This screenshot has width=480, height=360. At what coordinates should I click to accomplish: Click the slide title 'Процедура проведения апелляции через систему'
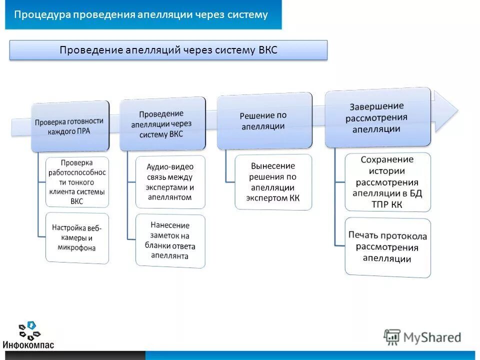[x=141, y=14]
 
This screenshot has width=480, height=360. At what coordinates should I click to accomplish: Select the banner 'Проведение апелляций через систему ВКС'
[x=168, y=50]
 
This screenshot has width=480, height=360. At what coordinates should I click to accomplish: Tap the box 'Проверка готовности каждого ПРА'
[x=69, y=126]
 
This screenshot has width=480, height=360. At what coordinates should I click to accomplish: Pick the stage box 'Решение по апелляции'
[x=264, y=120]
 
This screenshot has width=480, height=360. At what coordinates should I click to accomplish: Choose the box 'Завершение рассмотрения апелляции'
[x=377, y=118]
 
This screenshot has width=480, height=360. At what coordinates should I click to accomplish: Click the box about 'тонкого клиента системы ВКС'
[x=77, y=182]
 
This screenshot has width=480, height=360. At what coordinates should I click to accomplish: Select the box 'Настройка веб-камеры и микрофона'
[x=77, y=237]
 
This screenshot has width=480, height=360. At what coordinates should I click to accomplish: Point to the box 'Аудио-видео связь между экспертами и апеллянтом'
[x=170, y=182]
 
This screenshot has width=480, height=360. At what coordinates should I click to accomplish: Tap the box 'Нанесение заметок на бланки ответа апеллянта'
[x=170, y=240]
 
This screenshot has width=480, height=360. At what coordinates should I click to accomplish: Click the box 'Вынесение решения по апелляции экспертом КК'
[x=273, y=182]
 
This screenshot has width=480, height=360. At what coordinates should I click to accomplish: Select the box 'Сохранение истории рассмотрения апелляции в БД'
[x=387, y=182]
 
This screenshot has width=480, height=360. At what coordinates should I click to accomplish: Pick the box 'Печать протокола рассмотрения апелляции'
[x=387, y=247]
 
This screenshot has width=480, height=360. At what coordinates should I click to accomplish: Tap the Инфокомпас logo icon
[x=29, y=330]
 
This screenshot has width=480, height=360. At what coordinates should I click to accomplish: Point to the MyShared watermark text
[x=432, y=337]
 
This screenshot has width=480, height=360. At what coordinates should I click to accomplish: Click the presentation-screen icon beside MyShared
[x=392, y=337]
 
